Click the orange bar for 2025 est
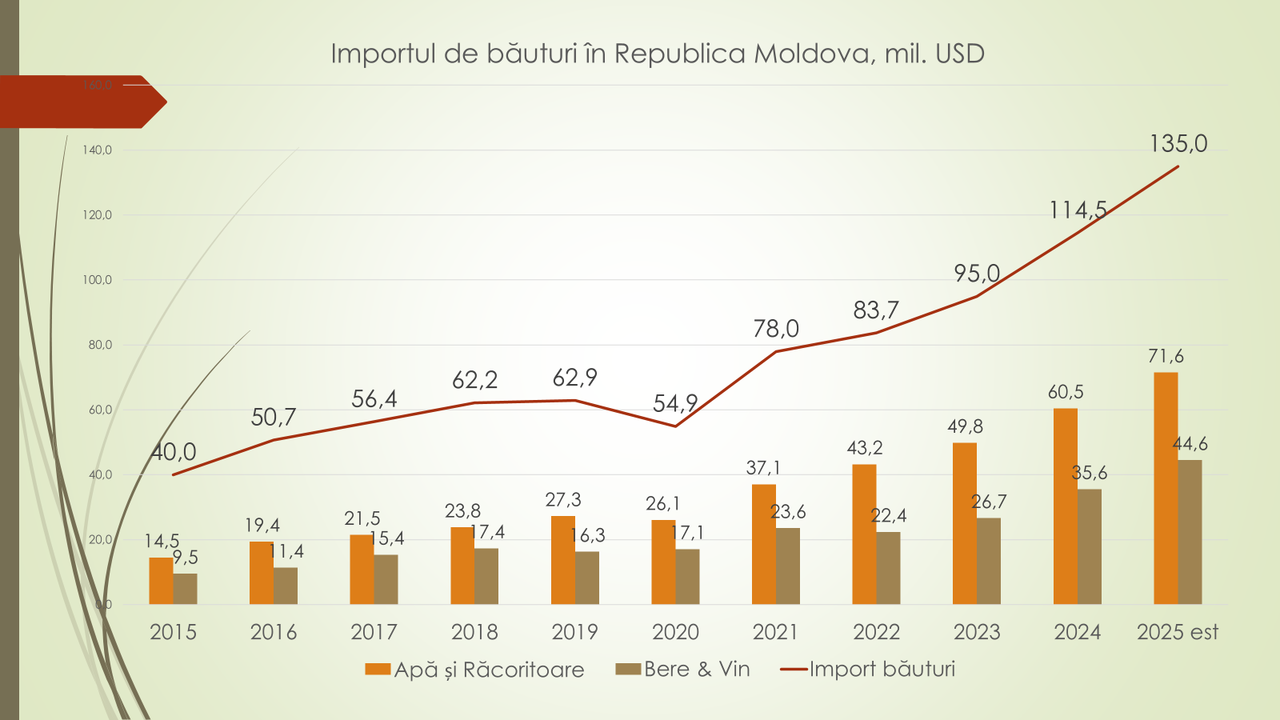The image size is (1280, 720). (x=1166, y=488)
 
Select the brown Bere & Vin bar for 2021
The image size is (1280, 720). (x=788, y=566)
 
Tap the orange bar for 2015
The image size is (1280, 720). (x=161, y=581)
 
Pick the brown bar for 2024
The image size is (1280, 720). (x=1090, y=546)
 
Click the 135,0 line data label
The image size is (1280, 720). (x=1178, y=144)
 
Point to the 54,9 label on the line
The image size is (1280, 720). (x=675, y=403)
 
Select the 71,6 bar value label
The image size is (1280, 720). (x=1166, y=357)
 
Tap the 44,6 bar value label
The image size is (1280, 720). (x=1190, y=444)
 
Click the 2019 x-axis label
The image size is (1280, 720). (x=574, y=632)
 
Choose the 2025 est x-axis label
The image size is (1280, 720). (x=1178, y=632)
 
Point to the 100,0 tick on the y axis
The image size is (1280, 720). (x=98, y=280)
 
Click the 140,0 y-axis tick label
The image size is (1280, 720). (x=98, y=150)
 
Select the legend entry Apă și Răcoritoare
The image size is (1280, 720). (x=475, y=670)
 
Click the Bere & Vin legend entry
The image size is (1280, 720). (x=683, y=669)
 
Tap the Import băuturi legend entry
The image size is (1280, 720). (x=868, y=669)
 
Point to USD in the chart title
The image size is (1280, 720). (x=960, y=54)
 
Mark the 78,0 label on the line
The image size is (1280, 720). (x=776, y=329)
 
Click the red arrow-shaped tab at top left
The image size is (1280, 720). (x=80, y=102)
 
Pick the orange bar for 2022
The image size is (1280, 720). (x=864, y=534)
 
